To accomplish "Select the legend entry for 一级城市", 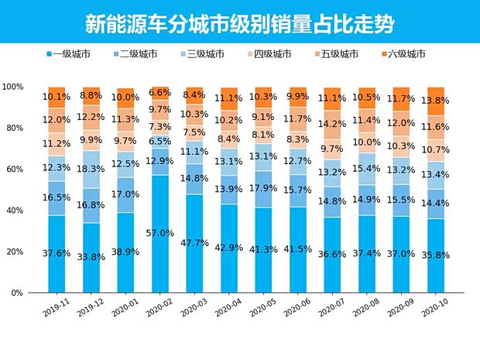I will pyautogui.click(x=70, y=54).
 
